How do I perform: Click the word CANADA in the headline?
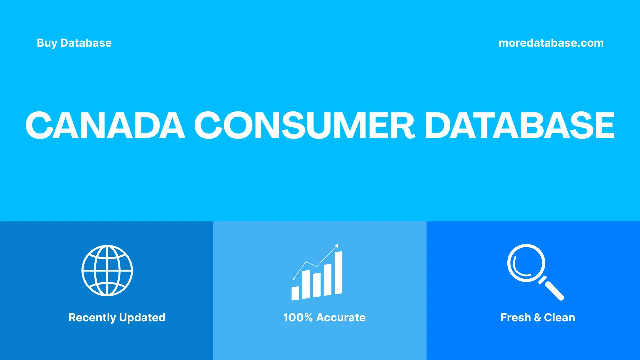[105, 125]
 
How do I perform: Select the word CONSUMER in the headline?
[304, 125]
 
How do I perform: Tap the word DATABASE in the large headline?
[519, 125]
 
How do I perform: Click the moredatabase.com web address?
[551, 43]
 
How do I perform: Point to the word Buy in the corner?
[47, 43]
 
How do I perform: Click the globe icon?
[107, 270]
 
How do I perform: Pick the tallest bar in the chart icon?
[338, 273]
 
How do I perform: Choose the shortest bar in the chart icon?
[295, 293]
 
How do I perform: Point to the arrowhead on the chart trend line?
[337, 246]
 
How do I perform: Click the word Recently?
[92, 318]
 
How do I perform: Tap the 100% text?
[298, 318]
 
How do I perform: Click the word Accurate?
[341, 318]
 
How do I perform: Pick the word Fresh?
[515, 318]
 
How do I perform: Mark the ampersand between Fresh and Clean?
[537, 318]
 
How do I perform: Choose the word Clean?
[559, 318]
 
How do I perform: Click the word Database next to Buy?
[86, 43]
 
